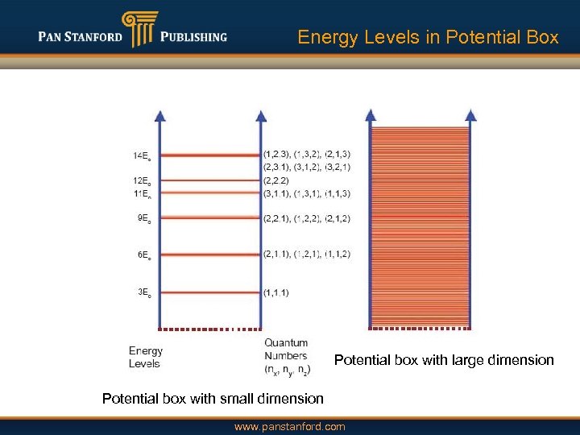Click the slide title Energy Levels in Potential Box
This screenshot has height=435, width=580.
pyautogui.click(x=428, y=37)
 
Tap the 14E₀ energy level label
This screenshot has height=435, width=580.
pyautogui.click(x=141, y=155)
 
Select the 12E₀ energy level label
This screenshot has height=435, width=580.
pyautogui.click(x=141, y=180)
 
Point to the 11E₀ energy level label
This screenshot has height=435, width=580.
pyautogui.click(x=141, y=193)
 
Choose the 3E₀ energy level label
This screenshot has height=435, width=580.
pyautogui.click(x=143, y=292)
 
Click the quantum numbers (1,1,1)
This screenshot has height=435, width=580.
pyautogui.click(x=275, y=292)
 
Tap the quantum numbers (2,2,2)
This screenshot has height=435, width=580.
pyautogui.click(x=275, y=180)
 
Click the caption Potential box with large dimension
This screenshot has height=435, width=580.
pyautogui.click(x=444, y=360)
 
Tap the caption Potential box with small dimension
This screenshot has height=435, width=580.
pyautogui.click(x=213, y=399)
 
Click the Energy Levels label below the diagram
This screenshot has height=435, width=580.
pyautogui.click(x=146, y=357)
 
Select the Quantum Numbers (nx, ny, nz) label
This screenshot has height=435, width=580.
pyautogui.click(x=287, y=356)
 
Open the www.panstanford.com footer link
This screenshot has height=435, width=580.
pyautogui.click(x=289, y=426)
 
